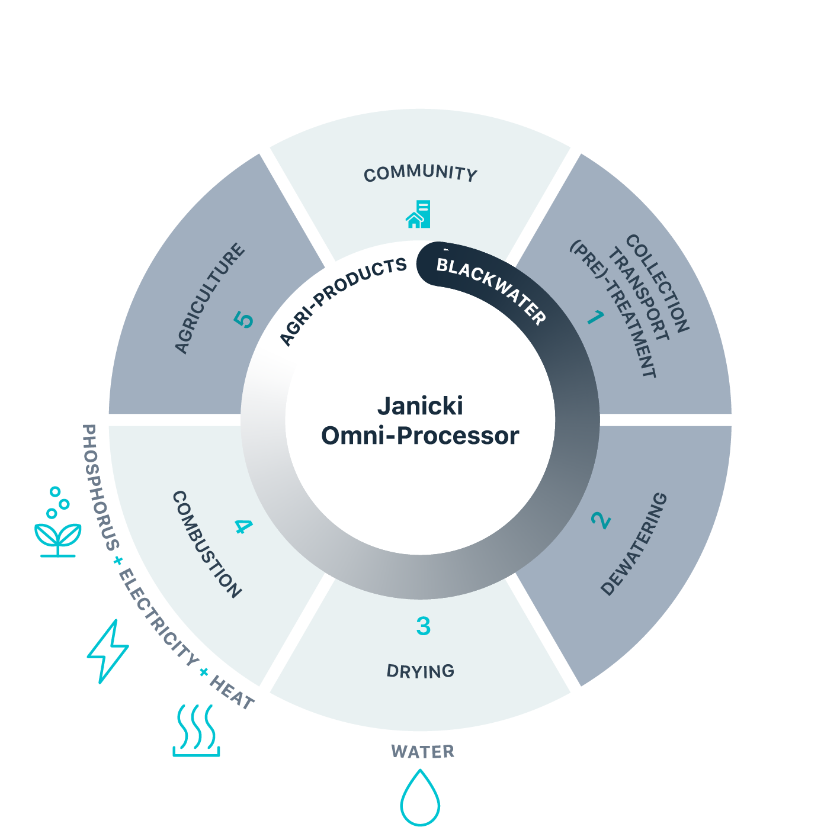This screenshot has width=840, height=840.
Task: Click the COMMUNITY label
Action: click(420, 173)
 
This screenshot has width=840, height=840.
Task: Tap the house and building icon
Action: click(418, 214)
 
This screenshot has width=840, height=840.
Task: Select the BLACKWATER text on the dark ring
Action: click(490, 291)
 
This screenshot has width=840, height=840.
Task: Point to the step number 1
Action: click(595, 318)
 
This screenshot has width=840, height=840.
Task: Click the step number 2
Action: click(601, 520)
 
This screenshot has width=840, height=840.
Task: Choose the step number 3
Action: click(423, 626)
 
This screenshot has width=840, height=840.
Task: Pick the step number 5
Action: click(243, 320)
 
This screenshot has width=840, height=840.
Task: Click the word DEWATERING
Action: click(634, 544)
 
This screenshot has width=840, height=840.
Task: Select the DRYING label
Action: click(420, 671)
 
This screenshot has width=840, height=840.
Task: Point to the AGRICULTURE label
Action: click(210, 298)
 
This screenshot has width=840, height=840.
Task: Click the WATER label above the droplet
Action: click(422, 752)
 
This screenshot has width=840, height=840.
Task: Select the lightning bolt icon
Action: click(108, 651)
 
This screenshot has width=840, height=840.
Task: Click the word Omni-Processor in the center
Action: click(420, 436)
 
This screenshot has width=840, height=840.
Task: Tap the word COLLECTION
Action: click(658, 283)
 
